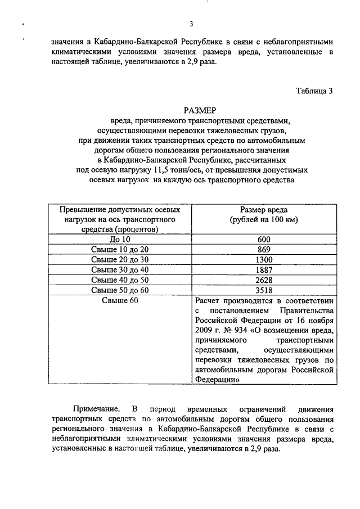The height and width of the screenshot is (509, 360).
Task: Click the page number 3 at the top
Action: (191, 24)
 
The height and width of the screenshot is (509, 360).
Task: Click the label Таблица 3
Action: (315, 91)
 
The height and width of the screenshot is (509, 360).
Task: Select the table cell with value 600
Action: (264, 239)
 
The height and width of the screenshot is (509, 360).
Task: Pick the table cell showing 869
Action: (264, 249)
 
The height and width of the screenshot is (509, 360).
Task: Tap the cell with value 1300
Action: (264, 259)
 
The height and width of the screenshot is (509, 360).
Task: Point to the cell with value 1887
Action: (264, 269)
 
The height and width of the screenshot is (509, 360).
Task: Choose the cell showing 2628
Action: (264, 280)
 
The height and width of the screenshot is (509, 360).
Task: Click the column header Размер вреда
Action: (264, 209)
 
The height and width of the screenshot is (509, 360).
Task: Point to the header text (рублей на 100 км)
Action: (264, 219)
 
